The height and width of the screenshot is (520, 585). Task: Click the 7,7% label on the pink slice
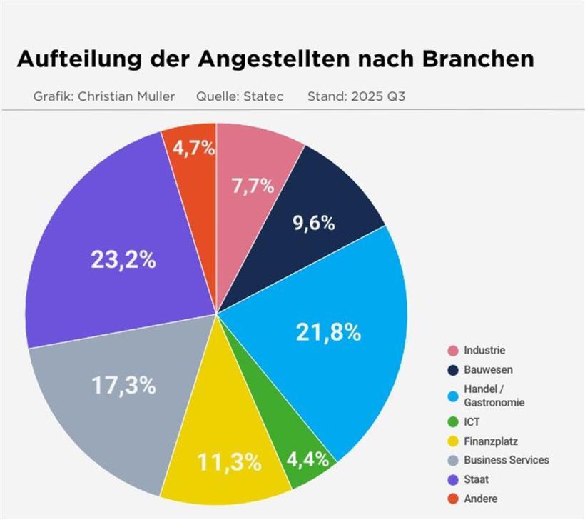253,186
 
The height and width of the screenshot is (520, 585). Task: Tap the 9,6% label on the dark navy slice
313,223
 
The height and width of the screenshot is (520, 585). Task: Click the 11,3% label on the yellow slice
230,462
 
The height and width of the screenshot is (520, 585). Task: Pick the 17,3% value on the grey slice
123,385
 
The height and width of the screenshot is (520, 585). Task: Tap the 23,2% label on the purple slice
123,259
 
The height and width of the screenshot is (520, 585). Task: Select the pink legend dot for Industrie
452,351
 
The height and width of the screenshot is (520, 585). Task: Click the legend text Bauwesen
488,370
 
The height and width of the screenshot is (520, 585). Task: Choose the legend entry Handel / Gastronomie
494,396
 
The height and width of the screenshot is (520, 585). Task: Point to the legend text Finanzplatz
491,441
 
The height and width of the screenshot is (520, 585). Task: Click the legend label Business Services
506,460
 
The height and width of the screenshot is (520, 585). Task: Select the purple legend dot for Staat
452,479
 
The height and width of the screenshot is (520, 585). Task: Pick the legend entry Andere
480,499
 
